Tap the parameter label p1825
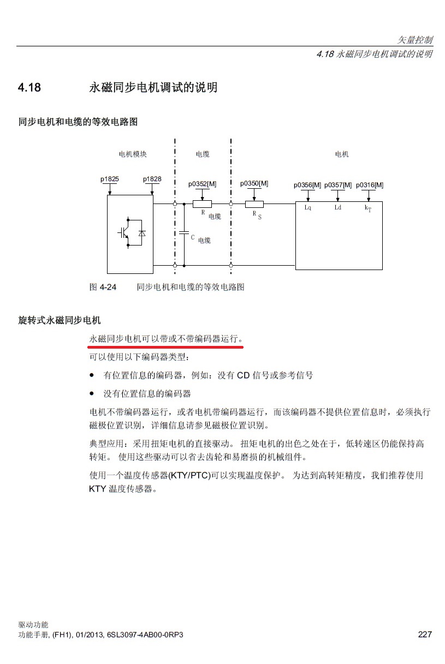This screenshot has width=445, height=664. coord(109,179)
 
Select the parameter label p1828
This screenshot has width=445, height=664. coord(152,179)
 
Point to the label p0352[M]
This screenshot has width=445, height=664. coord(203,184)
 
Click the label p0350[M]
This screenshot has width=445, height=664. coord(254,183)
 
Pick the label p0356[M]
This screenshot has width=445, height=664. coord(307,185)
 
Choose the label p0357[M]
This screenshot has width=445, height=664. coord(338,185)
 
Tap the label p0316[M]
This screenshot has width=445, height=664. coord(370,185)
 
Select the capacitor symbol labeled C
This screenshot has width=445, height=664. coord(185,233)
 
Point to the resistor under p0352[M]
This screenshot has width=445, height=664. coord(202,204)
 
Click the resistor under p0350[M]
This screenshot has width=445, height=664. coord(254,204)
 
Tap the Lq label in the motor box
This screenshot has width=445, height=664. coord(308,208)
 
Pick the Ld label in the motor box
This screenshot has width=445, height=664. coord(338,208)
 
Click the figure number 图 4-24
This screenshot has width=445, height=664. coord(103,286)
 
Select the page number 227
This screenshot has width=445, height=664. coord(425,635)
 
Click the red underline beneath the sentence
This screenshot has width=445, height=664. coord(166,346)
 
